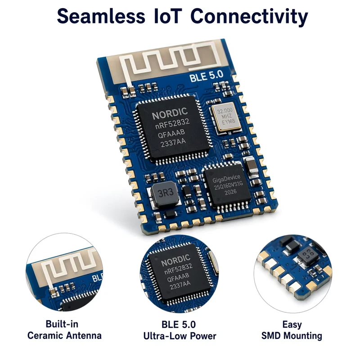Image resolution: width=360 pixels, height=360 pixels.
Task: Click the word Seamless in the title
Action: coord(101,16)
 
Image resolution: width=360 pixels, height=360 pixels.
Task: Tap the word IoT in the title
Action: coord(167,16)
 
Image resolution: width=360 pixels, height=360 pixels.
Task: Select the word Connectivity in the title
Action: coord(249,17)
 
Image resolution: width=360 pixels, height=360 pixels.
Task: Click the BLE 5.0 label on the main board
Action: coord(207,76)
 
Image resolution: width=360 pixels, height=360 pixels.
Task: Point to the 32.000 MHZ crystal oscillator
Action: coord(226,117)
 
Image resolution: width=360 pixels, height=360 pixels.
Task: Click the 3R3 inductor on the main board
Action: coord(165,193)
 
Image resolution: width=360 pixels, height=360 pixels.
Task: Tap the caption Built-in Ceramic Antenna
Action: coord(64,330)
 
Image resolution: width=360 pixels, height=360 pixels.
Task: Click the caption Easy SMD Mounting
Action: coord(292,330)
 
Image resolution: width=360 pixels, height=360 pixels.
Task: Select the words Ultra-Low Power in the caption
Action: coord(180,336)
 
